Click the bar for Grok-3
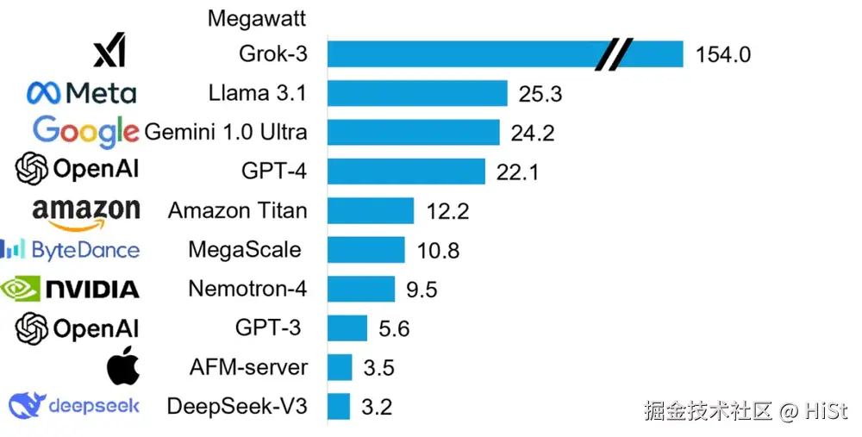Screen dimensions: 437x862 (x=465, y=54)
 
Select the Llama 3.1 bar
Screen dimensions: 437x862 (x=417, y=93)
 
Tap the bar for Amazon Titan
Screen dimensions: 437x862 (x=372, y=210)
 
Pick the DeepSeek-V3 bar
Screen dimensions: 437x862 (x=340, y=407)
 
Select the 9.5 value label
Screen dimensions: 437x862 (x=422, y=290)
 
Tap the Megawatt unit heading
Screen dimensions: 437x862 (x=257, y=17)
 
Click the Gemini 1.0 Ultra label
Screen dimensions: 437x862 (x=226, y=133)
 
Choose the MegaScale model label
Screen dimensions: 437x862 (x=245, y=250)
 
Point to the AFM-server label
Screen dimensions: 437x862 (x=248, y=367)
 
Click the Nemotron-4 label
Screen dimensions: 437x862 (x=247, y=289)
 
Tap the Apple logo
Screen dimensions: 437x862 (x=122, y=366)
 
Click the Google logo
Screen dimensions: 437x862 (x=85, y=131)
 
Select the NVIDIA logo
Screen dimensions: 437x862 (x=71, y=289)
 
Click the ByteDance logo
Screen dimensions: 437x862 (x=70, y=250)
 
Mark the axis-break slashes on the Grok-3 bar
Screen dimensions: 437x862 (x=613, y=54)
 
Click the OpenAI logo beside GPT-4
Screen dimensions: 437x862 (x=77, y=170)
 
